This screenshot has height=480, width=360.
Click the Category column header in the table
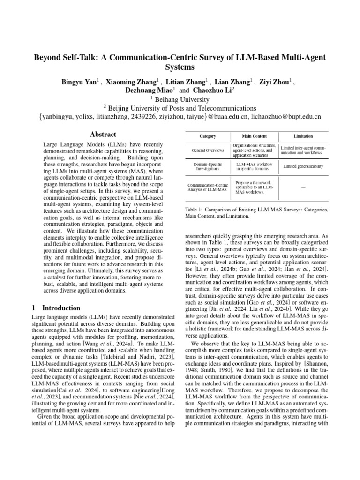208,136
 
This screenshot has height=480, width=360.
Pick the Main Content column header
255,136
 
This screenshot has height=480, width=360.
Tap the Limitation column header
303,136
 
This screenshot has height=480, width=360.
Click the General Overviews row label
208,150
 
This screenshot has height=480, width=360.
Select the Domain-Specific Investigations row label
208,167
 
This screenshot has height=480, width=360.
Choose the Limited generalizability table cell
303,167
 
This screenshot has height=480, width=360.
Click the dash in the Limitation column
303,187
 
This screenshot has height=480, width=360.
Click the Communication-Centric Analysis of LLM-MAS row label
208,187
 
